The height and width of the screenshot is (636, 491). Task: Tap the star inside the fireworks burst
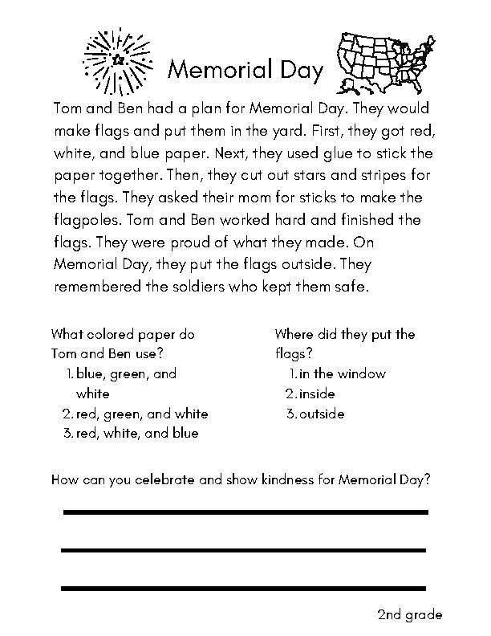118,59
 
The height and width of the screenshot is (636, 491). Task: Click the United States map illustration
383,59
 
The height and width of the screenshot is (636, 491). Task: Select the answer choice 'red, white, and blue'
137,434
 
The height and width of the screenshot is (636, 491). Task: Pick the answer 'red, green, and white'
142,414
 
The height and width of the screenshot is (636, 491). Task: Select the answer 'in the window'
343,373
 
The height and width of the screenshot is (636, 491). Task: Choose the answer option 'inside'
318,393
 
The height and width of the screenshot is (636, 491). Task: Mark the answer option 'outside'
322,414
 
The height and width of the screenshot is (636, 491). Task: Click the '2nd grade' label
409,615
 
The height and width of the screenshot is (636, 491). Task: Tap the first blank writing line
245,512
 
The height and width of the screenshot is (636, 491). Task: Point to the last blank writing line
245,589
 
